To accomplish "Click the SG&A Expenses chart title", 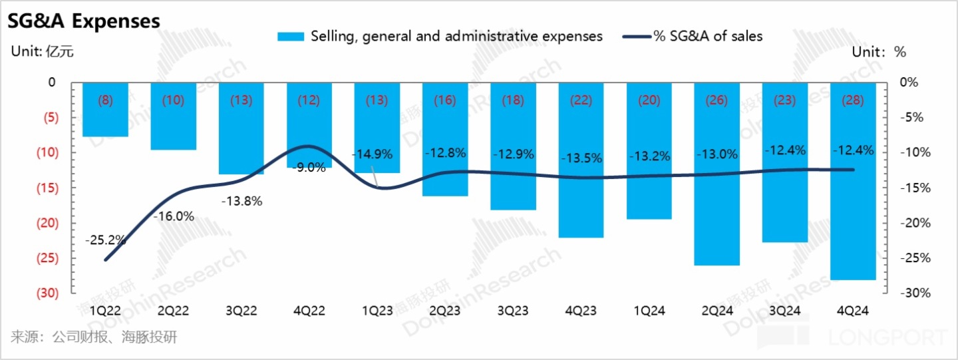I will coord(84,21).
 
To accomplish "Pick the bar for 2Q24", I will coord(717,180).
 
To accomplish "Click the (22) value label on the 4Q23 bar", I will coord(581,100).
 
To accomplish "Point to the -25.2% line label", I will coord(106,240).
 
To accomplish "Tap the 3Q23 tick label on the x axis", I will coord(513,310).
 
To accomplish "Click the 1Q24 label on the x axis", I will coord(649,310).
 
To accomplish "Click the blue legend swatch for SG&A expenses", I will coord(291,37).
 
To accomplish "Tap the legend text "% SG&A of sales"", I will coord(708,37).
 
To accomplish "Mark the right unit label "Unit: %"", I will coord(879,52).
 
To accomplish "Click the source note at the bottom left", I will coord(94,337).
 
